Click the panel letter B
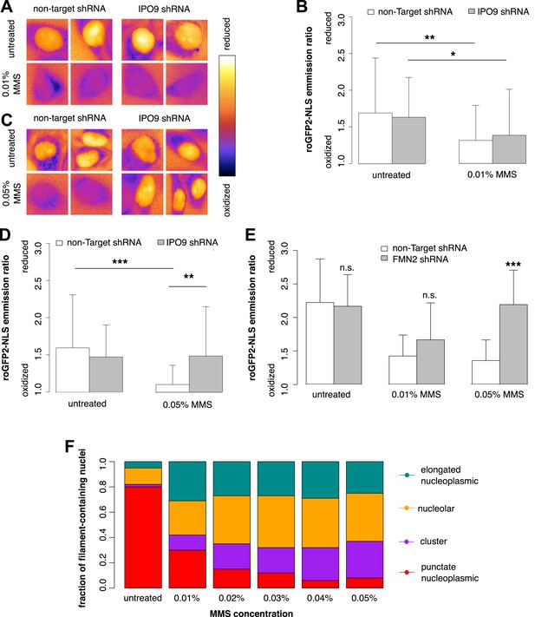302,7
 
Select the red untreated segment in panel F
143,537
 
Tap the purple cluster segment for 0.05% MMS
364,559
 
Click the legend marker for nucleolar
407,509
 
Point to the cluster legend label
434,542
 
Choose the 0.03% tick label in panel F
276,598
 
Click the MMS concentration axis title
251,613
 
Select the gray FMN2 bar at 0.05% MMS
513,344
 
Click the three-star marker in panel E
513,264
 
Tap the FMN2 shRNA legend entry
414,259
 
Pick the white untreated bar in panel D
72,370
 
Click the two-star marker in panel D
189,276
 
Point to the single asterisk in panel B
453,54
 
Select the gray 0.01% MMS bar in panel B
509,149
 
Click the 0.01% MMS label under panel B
492,174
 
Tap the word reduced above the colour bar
226,34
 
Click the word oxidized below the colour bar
227,200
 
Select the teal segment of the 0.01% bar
187,481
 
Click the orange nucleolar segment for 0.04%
320,523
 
